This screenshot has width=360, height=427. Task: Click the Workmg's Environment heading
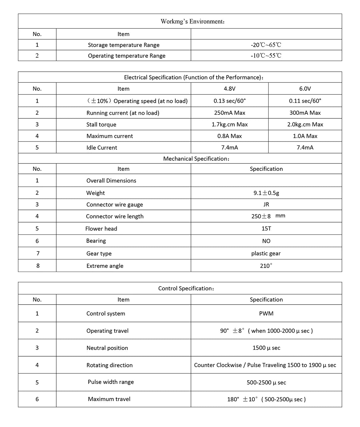(193, 21)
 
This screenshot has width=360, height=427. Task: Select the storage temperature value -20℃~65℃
(266, 45)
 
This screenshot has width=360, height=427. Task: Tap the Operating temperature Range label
(127, 56)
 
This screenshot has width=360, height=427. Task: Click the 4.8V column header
(230, 89)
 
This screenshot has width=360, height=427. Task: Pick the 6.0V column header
(305, 89)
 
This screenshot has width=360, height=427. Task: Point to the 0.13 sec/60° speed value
(230, 101)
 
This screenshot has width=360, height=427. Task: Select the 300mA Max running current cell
(305, 113)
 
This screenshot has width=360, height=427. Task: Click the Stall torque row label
(101, 124)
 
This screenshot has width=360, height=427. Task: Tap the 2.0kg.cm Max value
(305, 124)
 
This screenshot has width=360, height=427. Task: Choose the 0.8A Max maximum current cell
(230, 136)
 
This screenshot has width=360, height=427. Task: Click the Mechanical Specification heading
(196, 159)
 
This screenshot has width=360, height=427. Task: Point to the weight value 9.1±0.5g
(266, 193)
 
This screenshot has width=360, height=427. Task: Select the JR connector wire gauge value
(266, 204)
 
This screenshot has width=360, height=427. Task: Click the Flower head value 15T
(266, 229)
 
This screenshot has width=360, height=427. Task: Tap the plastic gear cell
(266, 254)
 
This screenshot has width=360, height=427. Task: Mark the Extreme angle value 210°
(266, 266)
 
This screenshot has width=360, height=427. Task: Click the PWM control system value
(266, 314)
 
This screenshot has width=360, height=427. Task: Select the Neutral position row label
(107, 348)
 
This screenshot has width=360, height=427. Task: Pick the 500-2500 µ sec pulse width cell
(266, 383)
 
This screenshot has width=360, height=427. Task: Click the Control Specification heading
(186, 289)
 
